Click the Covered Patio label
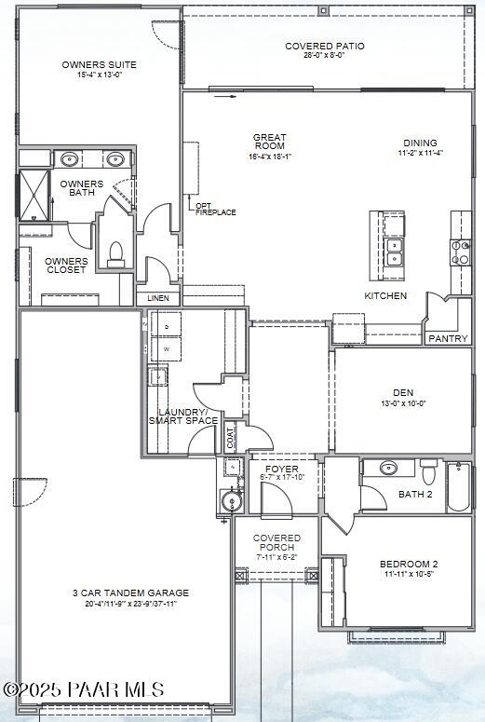tap(324, 46)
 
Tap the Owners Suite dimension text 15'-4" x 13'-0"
tap(99, 75)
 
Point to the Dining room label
tap(420, 143)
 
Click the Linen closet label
tap(158, 299)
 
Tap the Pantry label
tap(448, 338)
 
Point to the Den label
tap(404, 393)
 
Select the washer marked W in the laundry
tap(168, 350)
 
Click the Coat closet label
tap(230, 434)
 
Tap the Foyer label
tap(281, 469)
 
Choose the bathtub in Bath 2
tap(459, 487)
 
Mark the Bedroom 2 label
tap(408, 565)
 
